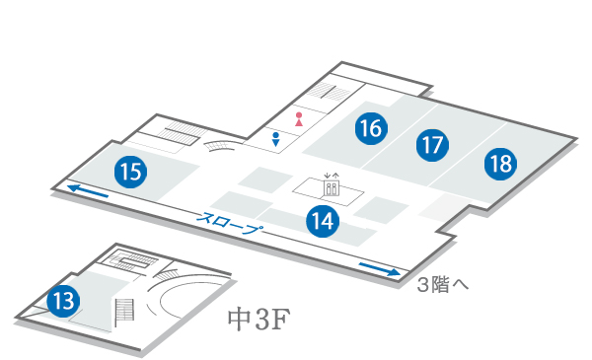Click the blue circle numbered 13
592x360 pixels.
[63, 299]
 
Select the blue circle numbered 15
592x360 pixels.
[130, 172]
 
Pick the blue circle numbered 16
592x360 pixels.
[371, 127]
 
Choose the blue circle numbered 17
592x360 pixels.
[431, 146]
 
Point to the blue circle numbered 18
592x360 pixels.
[500, 163]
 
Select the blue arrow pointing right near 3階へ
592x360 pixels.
[380, 267]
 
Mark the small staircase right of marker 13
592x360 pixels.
[124, 312]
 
